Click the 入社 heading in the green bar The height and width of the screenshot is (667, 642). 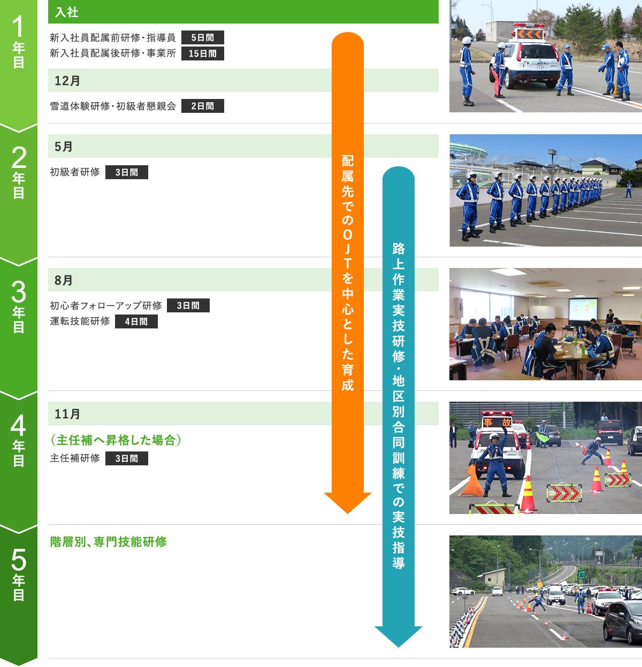(x=67, y=12)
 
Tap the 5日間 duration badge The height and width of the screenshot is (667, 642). (x=203, y=37)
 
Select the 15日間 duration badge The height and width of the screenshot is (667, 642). (x=203, y=53)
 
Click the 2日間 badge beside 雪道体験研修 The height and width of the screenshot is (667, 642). (x=203, y=106)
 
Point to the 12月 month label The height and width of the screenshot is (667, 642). (x=67, y=81)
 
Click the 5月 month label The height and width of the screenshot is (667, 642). (x=64, y=147)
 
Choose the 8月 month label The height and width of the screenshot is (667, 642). (x=64, y=280)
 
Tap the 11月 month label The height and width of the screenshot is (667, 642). (x=67, y=413)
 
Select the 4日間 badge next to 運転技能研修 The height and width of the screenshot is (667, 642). (x=136, y=321)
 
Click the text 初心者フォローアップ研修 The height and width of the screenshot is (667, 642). (x=106, y=305)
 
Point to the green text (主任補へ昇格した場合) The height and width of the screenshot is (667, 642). (x=116, y=440)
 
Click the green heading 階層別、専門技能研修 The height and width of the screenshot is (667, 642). (x=109, y=542)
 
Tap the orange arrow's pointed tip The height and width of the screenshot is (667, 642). (x=348, y=513)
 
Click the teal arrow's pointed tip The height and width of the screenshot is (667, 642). (x=398, y=647)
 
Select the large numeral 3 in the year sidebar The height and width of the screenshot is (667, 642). (x=19, y=292)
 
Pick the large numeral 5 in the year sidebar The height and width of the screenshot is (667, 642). (x=19, y=559)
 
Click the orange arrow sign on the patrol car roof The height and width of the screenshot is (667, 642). (x=530, y=34)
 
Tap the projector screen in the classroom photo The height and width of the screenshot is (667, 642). (x=583, y=310)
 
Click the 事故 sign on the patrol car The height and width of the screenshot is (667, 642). (x=498, y=422)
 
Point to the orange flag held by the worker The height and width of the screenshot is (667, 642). (x=471, y=481)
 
